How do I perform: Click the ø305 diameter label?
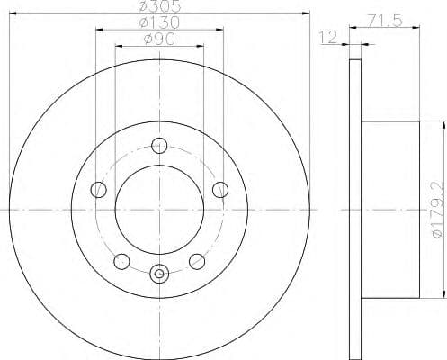pos(159,7)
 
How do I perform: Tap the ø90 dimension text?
pos(159,40)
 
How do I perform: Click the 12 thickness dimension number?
pos(329,37)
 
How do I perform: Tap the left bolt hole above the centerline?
pos(100,189)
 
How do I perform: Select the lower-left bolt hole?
pos(121,261)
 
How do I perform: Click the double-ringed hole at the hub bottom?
pos(160,274)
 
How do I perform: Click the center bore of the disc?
pos(160,211)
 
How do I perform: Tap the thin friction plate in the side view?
pos(353,211)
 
